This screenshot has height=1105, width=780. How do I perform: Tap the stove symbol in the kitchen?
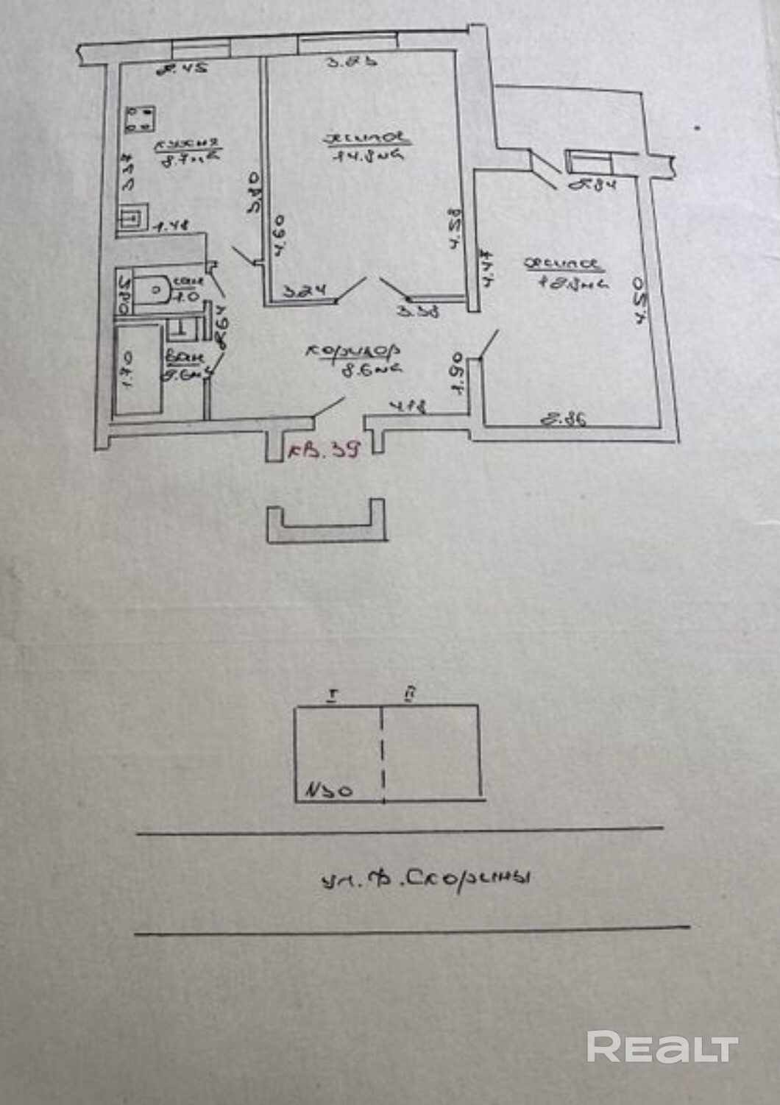[140, 119]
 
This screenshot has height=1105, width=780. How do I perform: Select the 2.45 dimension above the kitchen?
[182, 68]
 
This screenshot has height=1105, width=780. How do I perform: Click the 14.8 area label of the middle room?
[367, 155]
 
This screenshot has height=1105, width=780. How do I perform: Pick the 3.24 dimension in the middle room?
[304, 292]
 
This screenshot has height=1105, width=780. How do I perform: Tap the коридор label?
[353, 352]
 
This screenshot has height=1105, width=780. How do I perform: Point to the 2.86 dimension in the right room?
[564, 420]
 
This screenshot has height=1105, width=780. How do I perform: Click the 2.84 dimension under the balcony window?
[592, 185]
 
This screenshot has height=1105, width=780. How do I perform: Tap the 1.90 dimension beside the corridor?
[455, 373]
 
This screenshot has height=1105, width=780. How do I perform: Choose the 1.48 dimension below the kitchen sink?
[171, 227]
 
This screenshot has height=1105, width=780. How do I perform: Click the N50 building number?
[329, 791]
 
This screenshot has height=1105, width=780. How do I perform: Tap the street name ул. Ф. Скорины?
[425, 878]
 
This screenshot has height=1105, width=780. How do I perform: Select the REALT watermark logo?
[662, 1046]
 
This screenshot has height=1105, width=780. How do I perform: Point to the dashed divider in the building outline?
[383, 753]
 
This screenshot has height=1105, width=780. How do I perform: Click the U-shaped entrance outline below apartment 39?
[326, 523]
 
